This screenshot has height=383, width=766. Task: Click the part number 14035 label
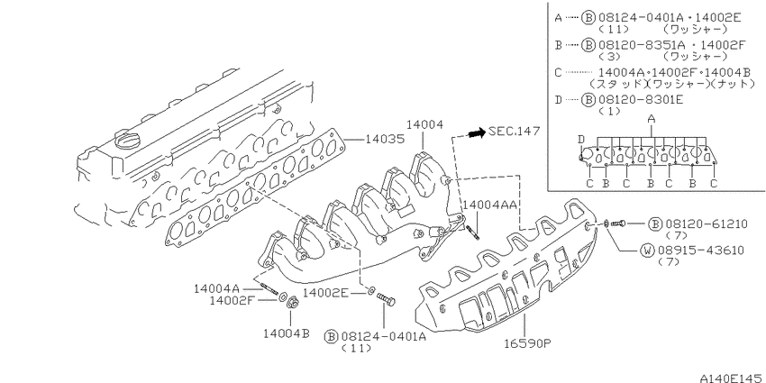[386, 140]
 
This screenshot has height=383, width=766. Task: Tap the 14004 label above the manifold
[426, 125]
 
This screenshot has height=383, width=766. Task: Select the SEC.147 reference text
[515, 131]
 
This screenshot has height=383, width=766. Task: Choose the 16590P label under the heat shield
[527, 343]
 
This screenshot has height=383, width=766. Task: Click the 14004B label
[287, 333]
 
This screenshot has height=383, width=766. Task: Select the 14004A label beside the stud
[217, 288]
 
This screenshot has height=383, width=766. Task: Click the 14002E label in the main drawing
[326, 293]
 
